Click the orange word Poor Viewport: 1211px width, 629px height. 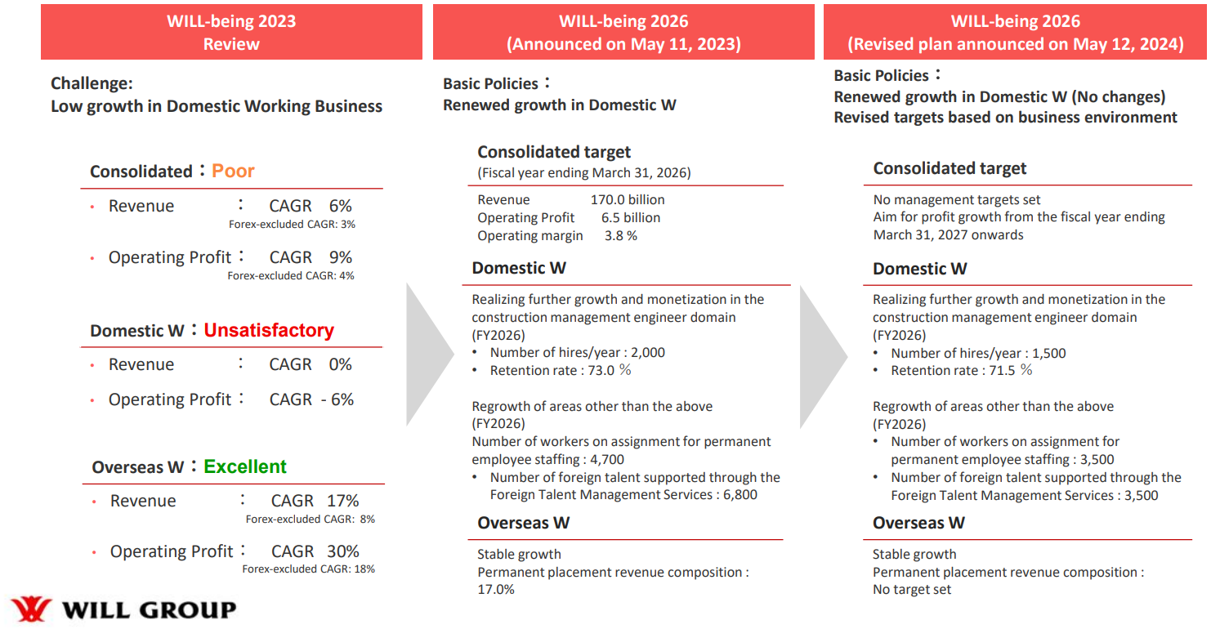pyautogui.click(x=232, y=171)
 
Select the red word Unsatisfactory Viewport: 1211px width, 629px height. pyautogui.click(x=269, y=330)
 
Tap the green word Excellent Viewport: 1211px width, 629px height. pyautogui.click(x=245, y=466)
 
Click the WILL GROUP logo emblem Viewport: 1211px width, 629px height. pyautogui.click(x=31, y=609)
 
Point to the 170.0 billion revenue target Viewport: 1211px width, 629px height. pyautogui.click(x=627, y=199)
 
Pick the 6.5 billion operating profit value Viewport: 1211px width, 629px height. pyautogui.click(x=630, y=217)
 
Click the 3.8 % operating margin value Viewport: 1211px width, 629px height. pyautogui.click(x=621, y=235)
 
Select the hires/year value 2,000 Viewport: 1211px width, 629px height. pyautogui.click(x=648, y=352)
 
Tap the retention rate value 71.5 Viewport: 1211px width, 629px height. pyautogui.click(x=1002, y=371)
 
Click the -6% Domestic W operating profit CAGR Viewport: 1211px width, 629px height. pyautogui.click(x=337, y=399)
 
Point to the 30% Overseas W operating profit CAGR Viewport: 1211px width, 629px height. pyautogui.click(x=342, y=551)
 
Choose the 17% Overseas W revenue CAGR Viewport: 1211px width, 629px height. pyautogui.click(x=342, y=501)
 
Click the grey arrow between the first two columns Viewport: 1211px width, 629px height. pyautogui.click(x=430, y=355)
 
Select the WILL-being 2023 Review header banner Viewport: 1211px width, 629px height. pyautogui.click(x=231, y=32)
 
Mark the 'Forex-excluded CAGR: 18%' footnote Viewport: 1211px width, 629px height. pyautogui.click(x=308, y=569)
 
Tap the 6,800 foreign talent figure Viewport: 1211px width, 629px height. pyautogui.click(x=740, y=494)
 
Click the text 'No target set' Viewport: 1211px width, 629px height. pyautogui.click(x=911, y=590)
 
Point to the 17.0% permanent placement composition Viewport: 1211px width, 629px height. pyautogui.click(x=496, y=590)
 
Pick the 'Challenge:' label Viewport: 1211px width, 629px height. pyautogui.click(x=92, y=83)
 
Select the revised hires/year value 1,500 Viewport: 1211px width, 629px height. pyautogui.click(x=1049, y=354)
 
